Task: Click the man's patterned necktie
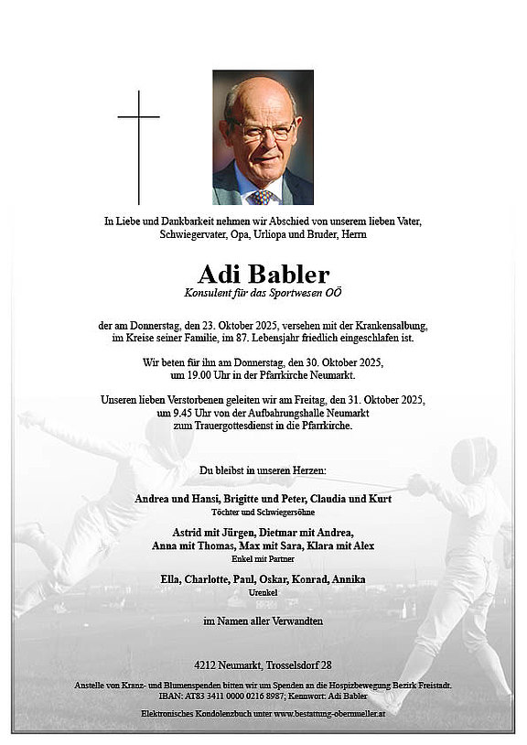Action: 263,196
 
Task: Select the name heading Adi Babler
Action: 263,274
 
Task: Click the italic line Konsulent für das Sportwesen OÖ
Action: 263,292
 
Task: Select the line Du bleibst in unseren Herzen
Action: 263,471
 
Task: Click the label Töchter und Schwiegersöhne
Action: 263,512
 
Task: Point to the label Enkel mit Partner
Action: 263,558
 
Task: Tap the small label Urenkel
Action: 263,593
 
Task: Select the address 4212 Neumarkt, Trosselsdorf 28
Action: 263,664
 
